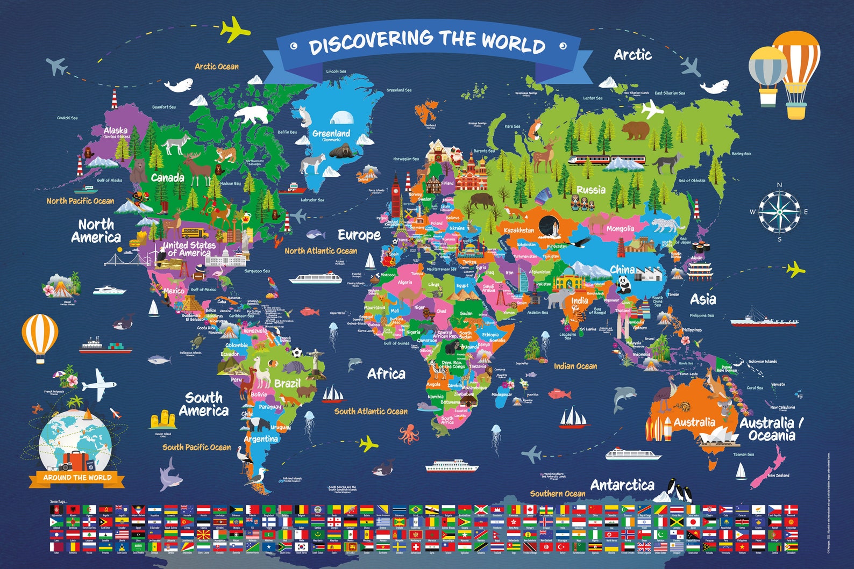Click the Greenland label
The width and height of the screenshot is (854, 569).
pos(331,133)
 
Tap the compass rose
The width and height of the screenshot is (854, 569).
pos(779,212)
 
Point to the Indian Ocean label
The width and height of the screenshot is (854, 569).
pos(575,366)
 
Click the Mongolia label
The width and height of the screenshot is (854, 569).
pos(620,228)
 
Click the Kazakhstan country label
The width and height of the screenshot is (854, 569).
pos(519,230)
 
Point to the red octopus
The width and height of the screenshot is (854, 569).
pos(409,433)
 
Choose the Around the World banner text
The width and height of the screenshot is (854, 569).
pos(77,477)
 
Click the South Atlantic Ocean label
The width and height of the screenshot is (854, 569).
pos(371,411)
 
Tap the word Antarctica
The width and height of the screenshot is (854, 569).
pos(622,485)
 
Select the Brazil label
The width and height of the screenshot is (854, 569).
pos(287,383)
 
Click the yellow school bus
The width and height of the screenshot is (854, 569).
pos(195,233)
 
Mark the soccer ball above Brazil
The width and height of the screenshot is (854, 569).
pos(297,353)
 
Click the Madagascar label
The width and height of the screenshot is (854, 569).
pos(502,394)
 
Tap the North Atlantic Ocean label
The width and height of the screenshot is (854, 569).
pos(321,250)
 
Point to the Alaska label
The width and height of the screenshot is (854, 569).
pos(116,130)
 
